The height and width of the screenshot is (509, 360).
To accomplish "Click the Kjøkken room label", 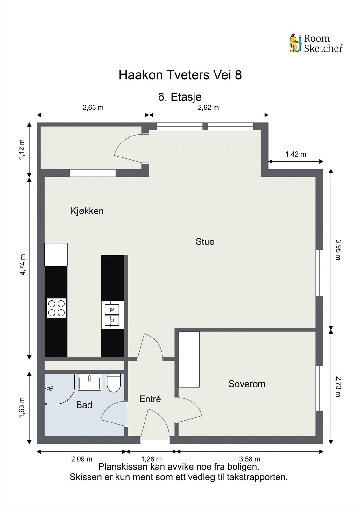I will coord(87,211).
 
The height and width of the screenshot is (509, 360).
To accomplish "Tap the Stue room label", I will coord(205,241).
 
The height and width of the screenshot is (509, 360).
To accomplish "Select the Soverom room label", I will coord(247,384).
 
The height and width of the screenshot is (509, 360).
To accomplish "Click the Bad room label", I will coord(84,405).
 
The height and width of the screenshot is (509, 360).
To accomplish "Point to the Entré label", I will coord(150,399).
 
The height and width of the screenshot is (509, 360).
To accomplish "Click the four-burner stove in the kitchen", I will coord(56,308).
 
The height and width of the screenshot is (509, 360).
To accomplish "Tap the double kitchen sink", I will coord(112,315).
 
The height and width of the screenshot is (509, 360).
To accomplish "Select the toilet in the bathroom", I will coord(114,383).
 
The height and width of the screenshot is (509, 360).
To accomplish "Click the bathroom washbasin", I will coord(90,382).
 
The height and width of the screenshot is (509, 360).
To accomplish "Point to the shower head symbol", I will coord(49,388).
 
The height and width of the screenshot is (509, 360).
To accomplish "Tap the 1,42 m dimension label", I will coord(295,154).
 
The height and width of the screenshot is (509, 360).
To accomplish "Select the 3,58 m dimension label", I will coord(249,459).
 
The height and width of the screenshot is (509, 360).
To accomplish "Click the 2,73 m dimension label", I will coord(338,386).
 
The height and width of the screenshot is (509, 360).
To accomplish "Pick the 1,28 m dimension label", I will coord(151,459).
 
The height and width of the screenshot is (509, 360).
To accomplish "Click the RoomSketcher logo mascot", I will coord(295,43).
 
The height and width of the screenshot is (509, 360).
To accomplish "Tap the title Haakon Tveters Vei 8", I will coord(180,75).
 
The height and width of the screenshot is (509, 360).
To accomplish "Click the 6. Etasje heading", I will coord(180,97).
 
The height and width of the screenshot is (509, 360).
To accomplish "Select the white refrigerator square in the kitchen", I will coord(56,254).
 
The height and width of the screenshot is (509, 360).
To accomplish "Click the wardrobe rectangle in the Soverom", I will coord(189,359).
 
